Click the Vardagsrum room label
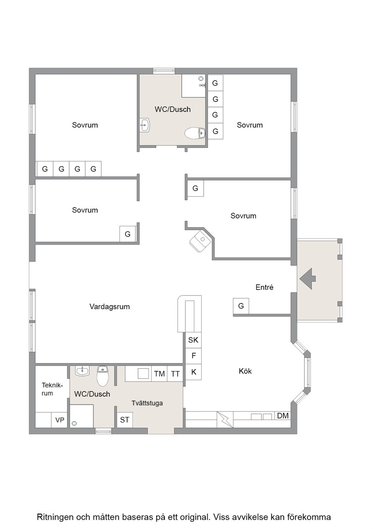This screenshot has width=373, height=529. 110,307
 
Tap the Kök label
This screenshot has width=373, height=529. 245,371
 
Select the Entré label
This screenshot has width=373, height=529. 264,287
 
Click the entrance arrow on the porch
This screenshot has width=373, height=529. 307,279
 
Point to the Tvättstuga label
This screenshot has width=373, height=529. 147,403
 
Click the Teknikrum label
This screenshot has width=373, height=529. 52,389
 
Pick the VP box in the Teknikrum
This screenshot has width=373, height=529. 60,420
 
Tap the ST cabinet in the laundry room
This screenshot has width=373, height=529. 125,420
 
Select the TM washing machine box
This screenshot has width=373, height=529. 159,374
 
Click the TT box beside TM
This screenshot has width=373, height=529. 176,374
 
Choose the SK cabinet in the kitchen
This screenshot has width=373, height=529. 193,340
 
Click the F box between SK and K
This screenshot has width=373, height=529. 193,356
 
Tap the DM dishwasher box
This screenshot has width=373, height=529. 283,416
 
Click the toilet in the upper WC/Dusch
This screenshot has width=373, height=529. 195,133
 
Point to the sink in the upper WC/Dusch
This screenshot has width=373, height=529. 145,125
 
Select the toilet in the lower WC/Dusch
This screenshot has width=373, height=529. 103,376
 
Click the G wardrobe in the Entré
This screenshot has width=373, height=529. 241,306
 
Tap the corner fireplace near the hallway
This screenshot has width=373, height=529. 201,241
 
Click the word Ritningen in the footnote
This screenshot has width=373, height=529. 55,517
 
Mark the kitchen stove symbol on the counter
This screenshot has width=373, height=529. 225,419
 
